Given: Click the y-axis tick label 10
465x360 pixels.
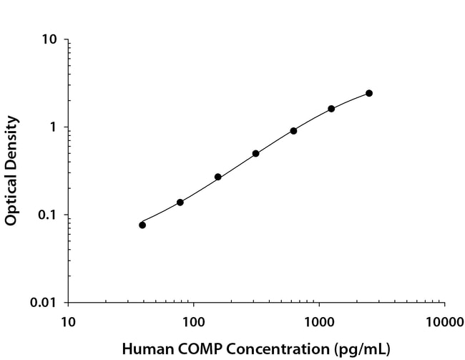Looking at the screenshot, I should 49,39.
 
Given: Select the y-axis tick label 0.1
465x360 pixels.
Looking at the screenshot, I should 46,215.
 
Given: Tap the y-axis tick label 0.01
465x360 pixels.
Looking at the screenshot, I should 41,303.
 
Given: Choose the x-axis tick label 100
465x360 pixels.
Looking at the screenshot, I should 193,320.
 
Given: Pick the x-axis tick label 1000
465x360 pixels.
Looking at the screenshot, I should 318,320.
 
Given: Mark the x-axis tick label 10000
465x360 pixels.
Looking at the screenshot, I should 444,320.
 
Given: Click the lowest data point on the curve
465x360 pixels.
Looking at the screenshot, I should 142,225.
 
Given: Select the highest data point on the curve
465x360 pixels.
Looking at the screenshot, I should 369,93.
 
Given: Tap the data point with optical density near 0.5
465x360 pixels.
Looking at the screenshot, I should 255,153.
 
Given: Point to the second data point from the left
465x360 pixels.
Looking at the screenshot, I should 180,203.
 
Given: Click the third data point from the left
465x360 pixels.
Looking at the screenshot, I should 218,177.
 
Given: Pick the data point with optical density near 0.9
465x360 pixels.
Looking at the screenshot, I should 293,131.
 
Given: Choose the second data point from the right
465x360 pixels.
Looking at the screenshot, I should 331,109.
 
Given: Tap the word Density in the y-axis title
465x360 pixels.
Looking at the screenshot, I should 11,144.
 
